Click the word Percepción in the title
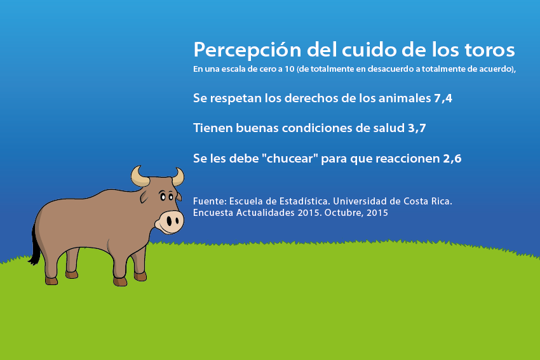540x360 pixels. click(x=247, y=50)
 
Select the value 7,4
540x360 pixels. click(x=443, y=98)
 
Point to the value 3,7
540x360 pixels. click(x=417, y=128)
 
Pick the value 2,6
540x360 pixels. click(x=452, y=159)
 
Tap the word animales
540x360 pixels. click(x=405, y=98)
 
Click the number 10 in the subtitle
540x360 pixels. click(x=290, y=69)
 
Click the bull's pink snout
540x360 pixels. click(x=170, y=222)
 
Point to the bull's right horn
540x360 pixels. click(x=179, y=177)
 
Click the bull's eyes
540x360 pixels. click(x=166, y=197)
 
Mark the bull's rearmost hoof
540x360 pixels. click(x=51, y=281)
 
